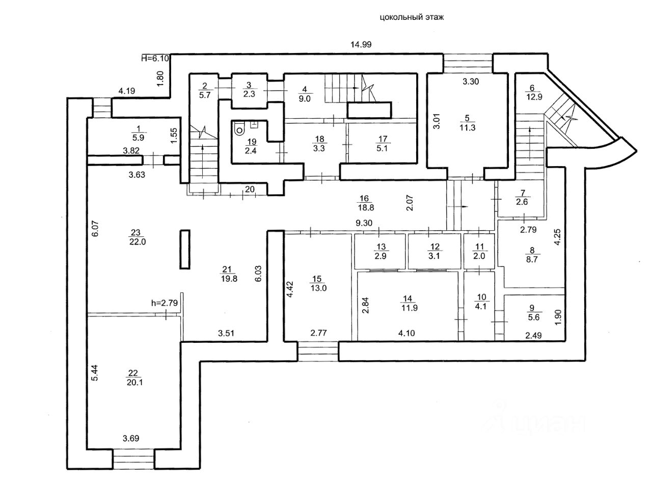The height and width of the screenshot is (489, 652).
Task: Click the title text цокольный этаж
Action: (412, 17)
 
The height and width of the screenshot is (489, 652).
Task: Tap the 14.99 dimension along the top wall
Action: (361, 44)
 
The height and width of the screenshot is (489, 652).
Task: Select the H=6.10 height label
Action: (155, 59)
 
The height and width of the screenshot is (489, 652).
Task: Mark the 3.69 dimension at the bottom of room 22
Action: (131, 438)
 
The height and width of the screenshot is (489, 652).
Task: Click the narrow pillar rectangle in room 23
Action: (184, 249)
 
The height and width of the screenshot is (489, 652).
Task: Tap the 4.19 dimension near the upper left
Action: (126, 92)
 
